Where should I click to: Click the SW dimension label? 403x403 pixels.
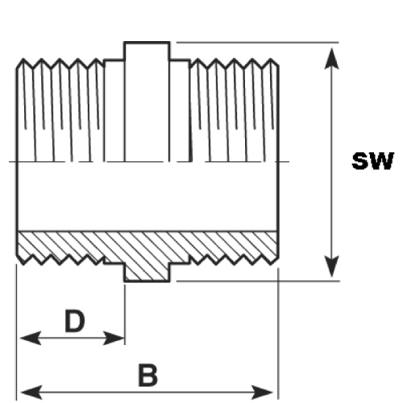[372, 161]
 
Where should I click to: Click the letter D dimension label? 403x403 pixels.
[75, 321]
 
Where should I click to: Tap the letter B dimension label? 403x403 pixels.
[147, 375]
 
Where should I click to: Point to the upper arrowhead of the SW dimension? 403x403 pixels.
[331, 59]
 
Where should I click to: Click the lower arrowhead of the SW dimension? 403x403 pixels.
[331, 266]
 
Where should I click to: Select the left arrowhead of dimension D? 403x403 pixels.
[31, 338]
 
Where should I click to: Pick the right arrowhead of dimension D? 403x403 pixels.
[114, 338]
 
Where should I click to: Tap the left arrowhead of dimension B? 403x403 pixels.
[31, 393]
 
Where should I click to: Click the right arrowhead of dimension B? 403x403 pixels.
[263, 393]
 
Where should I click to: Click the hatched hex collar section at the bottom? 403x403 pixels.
[147, 272]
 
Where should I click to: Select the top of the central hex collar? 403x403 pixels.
[147, 42]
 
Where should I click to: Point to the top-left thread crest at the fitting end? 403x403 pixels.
[23, 60]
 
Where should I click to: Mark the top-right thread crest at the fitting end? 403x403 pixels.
[271, 60]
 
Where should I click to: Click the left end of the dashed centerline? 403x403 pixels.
[9, 162]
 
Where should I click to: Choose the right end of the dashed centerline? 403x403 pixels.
[289, 162]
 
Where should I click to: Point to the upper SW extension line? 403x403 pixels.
[257, 42]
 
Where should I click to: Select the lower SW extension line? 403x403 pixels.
[258, 281]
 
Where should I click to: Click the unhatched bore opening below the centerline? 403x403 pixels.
[147, 196]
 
